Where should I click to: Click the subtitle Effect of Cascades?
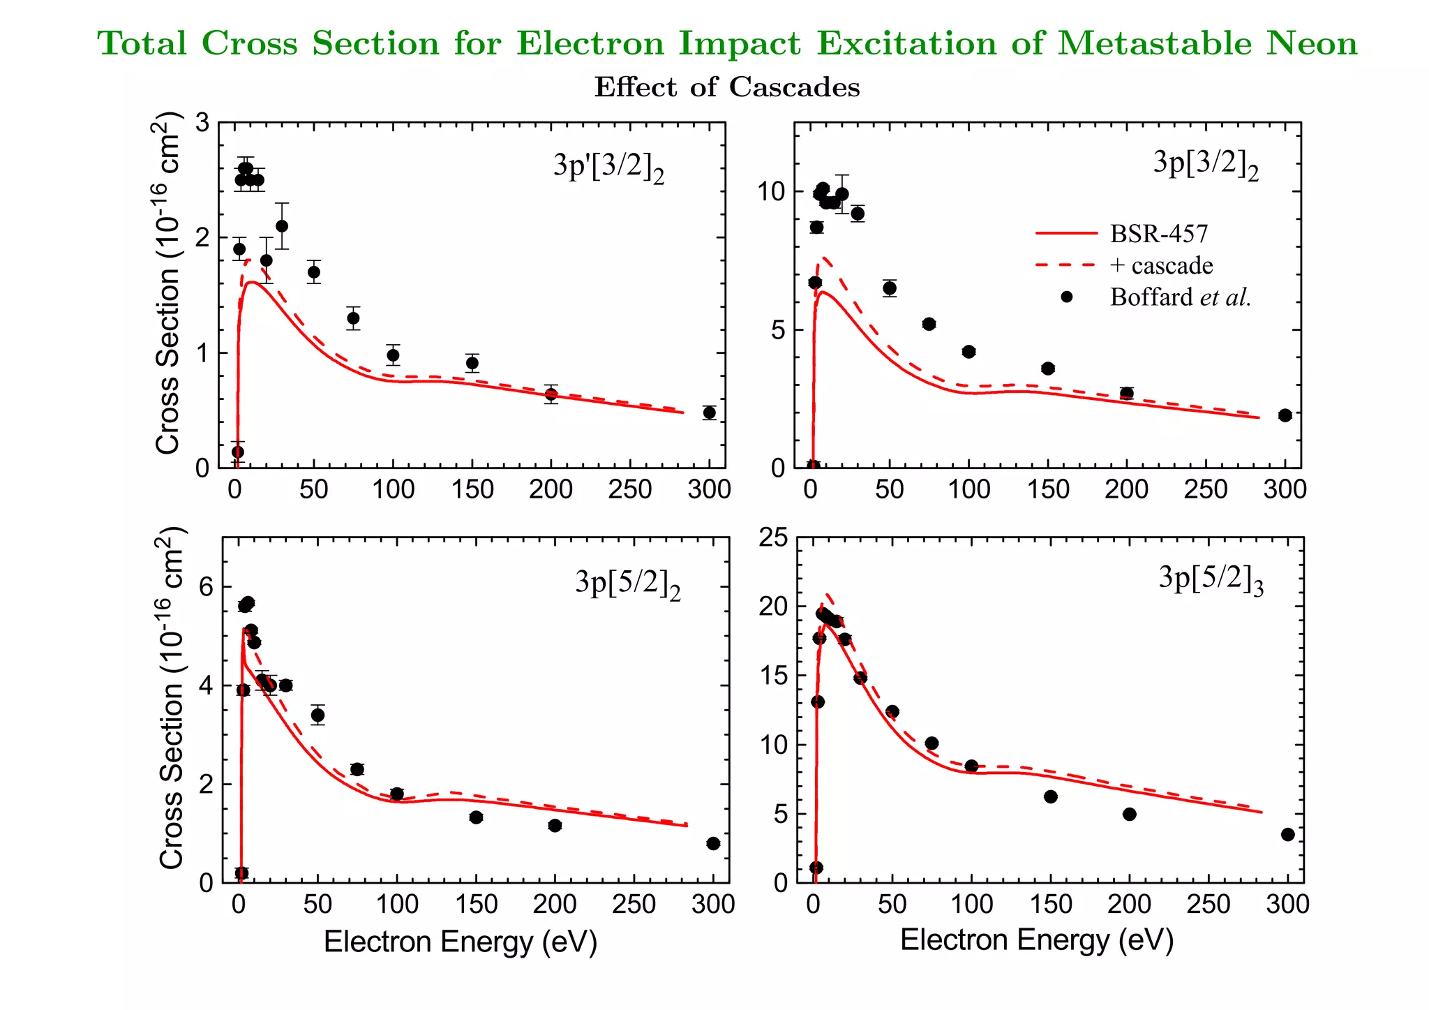pyautogui.click(x=727, y=88)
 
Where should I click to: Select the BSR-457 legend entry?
pyautogui.click(x=1158, y=234)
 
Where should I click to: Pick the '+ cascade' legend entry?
pyautogui.click(x=1161, y=266)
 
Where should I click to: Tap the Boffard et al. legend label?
pyautogui.click(x=1180, y=297)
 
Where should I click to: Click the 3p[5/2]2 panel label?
pyautogui.click(x=627, y=584)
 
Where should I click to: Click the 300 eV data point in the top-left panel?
pyautogui.click(x=709, y=413)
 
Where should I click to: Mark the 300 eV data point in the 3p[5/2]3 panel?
pyautogui.click(x=1288, y=834)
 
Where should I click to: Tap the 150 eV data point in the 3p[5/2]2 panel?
pyautogui.click(x=476, y=817)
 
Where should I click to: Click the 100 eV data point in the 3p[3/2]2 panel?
pyautogui.click(x=968, y=352)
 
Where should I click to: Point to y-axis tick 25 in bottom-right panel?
pyautogui.click(x=772, y=537)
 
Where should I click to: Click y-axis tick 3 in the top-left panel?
pyautogui.click(x=202, y=124)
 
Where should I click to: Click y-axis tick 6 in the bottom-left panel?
pyautogui.click(x=206, y=587)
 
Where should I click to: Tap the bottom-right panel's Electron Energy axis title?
pyautogui.click(x=1037, y=940)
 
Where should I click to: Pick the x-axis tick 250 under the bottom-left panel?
pyautogui.click(x=634, y=905)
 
